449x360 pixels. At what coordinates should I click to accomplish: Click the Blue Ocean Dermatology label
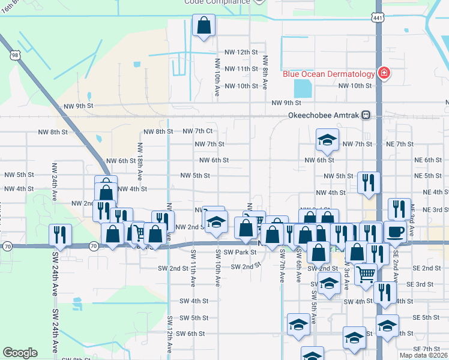click(329, 74)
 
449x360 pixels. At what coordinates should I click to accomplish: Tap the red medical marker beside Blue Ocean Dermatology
click(384, 74)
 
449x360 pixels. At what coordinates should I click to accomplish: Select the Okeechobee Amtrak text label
click(324, 115)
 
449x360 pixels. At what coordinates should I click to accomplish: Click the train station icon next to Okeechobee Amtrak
click(366, 115)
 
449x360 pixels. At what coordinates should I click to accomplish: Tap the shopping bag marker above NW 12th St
click(203, 26)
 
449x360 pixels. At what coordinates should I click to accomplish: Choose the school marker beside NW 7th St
click(327, 140)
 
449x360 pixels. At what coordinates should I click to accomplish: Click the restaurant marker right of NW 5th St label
click(369, 182)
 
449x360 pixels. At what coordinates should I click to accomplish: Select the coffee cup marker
click(395, 232)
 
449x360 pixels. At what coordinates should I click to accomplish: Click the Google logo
click(20, 353)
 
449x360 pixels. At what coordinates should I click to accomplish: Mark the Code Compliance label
click(217, 2)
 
